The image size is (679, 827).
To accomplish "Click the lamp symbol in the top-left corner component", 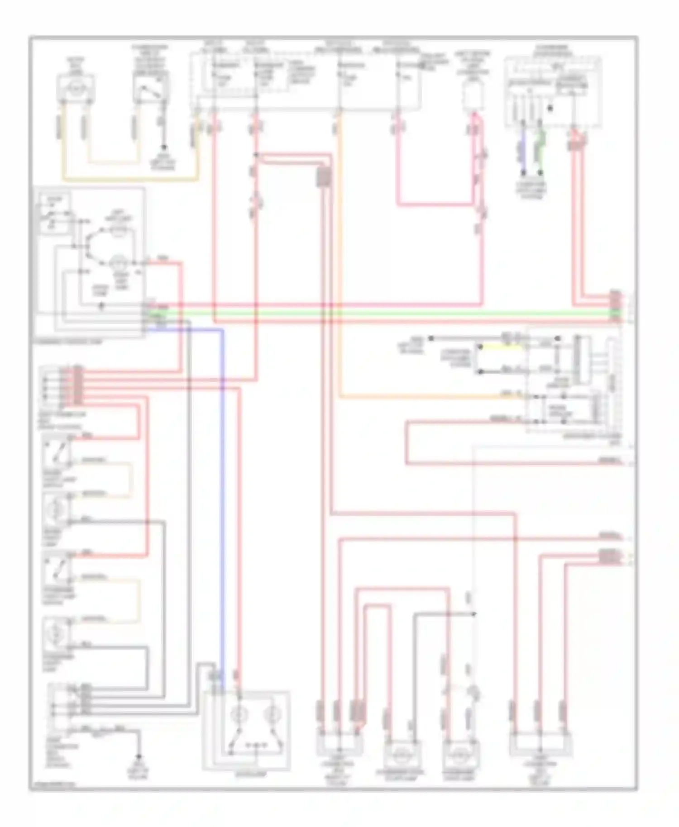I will tap(76, 86).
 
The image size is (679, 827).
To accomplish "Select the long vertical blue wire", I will tap(223, 498).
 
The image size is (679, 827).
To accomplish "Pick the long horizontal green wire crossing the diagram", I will tap(385, 313).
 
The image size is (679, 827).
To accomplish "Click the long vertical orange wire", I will tap(339, 253).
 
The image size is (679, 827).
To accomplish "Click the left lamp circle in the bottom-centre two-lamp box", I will tap(237, 714).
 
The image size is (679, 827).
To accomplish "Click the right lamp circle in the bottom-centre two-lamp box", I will tap(272, 714).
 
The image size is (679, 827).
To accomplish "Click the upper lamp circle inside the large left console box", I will tap(119, 232).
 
